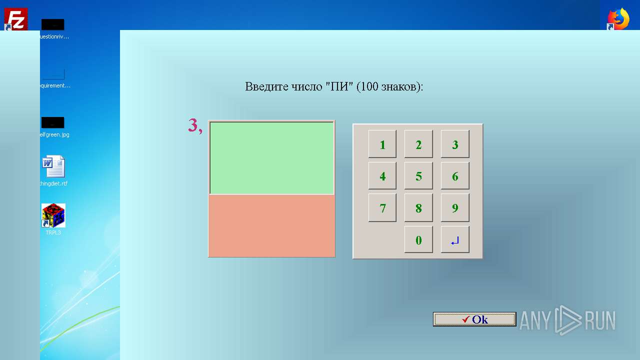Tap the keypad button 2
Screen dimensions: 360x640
coord(418,144)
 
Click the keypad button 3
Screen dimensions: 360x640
coord(455,144)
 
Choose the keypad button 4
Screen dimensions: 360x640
coord(382,176)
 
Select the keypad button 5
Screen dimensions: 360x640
coord(418,176)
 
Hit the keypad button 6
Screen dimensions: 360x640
coord(455,176)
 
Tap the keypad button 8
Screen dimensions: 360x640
coord(418,208)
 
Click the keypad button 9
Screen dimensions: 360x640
coord(455,208)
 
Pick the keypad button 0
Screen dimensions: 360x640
coord(418,240)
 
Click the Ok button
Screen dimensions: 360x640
coord(474,319)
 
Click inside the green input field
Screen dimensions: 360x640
coord(271,157)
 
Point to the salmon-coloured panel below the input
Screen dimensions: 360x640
coord(271,225)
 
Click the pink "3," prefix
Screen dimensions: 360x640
coord(195,125)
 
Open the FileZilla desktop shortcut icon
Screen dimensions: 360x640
coord(15,19)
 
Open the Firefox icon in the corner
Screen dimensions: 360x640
coord(618,19)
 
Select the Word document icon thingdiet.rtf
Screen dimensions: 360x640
coord(53,167)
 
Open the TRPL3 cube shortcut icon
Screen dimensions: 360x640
coord(53,215)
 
